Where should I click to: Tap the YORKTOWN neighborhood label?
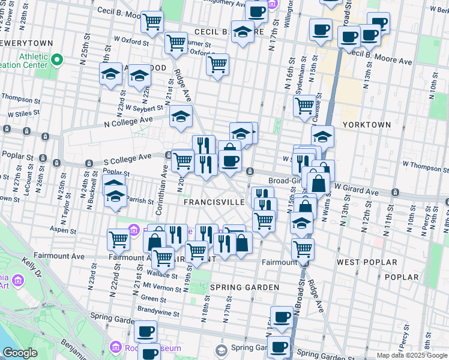[x=366, y=125]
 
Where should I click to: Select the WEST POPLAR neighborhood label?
[x=367, y=263]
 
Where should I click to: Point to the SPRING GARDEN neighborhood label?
[x=245, y=287]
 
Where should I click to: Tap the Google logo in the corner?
[x=20, y=353]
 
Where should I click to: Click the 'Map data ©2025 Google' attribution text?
[x=411, y=355]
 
